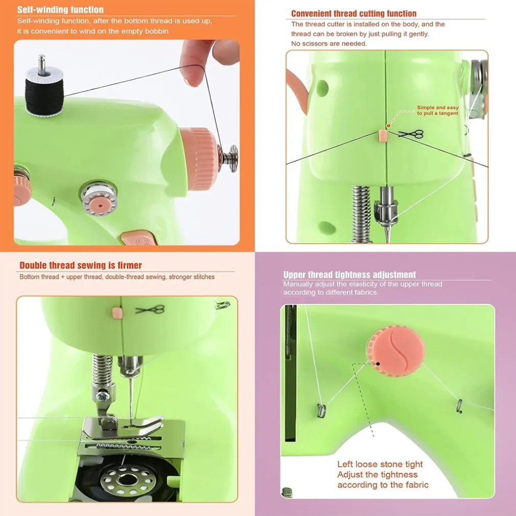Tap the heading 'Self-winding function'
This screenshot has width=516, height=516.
pyautogui.click(x=60, y=10)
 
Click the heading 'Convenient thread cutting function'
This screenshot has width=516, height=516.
pyautogui.click(x=354, y=13)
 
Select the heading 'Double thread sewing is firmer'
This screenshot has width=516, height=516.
pyautogui.click(x=81, y=265)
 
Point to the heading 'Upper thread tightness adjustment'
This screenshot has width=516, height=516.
pyautogui.click(x=349, y=274)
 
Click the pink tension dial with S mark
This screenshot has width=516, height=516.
pyautogui.click(x=395, y=351)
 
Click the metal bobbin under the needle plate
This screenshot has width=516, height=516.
pyautogui.click(x=128, y=480)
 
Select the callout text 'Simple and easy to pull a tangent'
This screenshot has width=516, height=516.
pyautogui.click(x=438, y=110)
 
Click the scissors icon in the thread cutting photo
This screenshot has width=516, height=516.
pyautogui.click(x=411, y=134)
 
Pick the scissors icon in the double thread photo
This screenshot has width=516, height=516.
pyautogui.click(x=150, y=309)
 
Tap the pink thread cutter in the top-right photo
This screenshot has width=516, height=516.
pyautogui.click(x=383, y=135)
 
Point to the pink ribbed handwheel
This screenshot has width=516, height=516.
pyautogui.click(x=199, y=158)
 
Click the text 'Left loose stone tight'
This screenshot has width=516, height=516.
pyautogui.click(x=380, y=464)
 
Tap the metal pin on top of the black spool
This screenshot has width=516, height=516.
pyautogui.click(x=41, y=64)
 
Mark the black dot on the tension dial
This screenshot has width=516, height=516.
pyautogui.click(x=378, y=364)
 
